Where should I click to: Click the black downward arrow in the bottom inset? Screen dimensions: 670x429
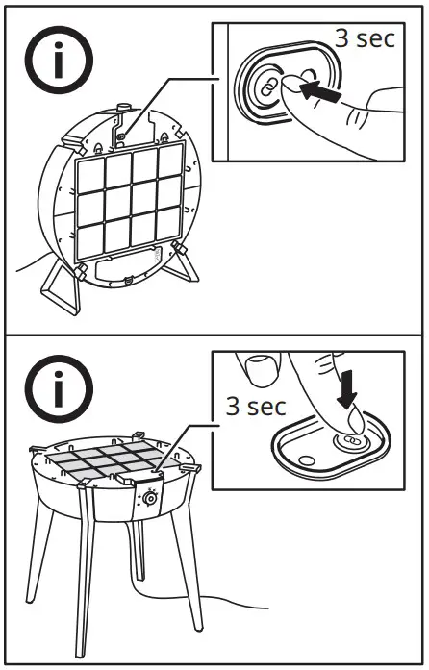coord(347,390)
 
